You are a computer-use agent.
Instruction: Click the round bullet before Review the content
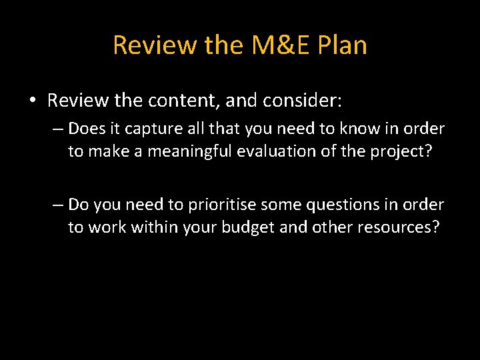[32, 101]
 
